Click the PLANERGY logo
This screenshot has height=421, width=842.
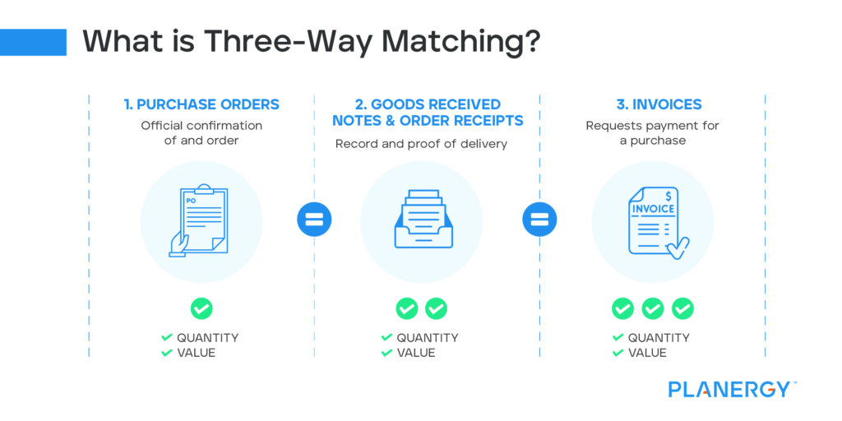(x=729, y=389)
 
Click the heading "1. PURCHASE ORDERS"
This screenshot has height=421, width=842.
(x=201, y=104)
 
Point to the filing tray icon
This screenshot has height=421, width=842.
(x=421, y=220)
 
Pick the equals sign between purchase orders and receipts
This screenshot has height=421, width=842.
(x=313, y=220)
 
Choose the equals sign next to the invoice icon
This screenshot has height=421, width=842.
(x=539, y=220)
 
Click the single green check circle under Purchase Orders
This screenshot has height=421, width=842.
(x=201, y=308)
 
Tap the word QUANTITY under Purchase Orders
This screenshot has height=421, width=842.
(x=207, y=338)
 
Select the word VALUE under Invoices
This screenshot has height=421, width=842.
(x=647, y=353)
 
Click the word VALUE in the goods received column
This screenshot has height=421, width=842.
(x=416, y=353)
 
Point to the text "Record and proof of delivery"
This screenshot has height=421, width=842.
(x=421, y=144)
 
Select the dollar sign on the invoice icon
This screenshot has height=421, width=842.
(x=669, y=195)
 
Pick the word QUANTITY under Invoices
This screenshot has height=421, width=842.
(x=659, y=338)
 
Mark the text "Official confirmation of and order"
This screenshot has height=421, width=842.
(x=201, y=132)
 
